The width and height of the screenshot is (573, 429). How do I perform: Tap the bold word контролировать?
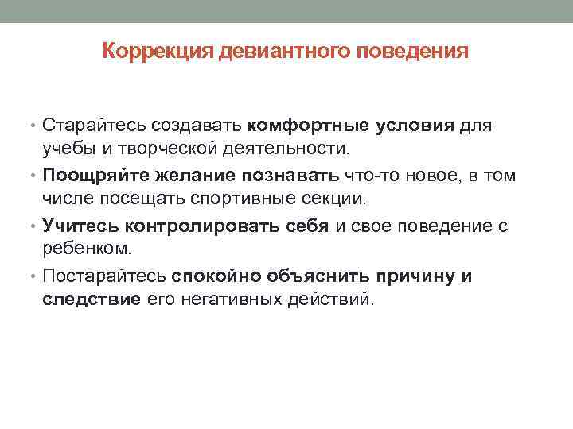(x=197, y=226)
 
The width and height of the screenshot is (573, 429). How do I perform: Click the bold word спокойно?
(x=218, y=276)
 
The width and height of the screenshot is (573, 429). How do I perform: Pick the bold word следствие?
(x=92, y=300)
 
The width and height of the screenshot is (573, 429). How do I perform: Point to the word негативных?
(x=224, y=300)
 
